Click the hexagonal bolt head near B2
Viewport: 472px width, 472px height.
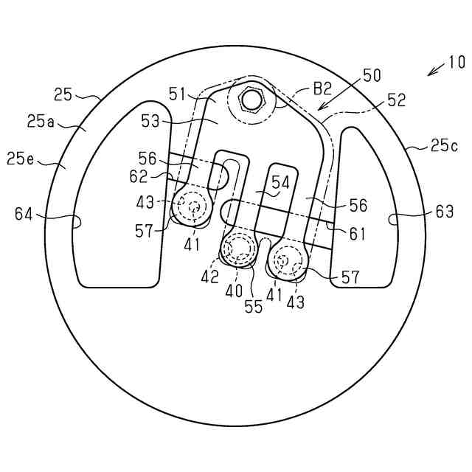point(251,100)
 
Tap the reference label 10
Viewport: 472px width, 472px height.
point(457,63)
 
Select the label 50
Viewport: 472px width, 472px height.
point(372,75)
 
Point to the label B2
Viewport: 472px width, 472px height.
point(323,88)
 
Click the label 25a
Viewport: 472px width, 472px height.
point(41,122)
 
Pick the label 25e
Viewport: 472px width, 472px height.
point(21,159)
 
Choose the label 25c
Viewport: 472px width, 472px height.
point(444,146)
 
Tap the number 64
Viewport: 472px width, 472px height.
point(24,215)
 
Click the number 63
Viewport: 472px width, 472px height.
point(444,212)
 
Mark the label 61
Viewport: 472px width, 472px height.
point(357,234)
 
